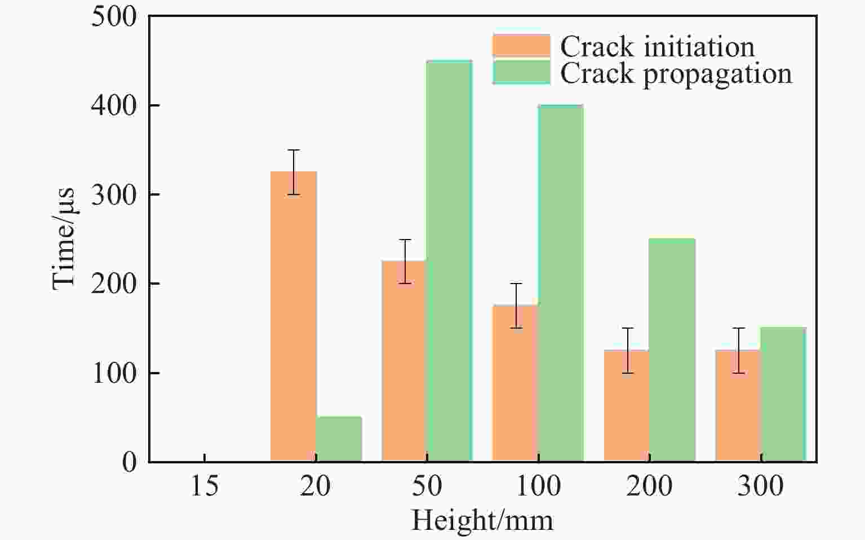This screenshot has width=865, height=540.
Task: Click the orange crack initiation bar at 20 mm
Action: [x=293, y=316]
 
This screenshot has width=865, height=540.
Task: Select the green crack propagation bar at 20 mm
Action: [x=339, y=439]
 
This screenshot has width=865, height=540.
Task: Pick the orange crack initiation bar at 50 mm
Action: [x=403, y=361]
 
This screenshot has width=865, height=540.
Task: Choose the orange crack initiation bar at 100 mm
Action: [x=514, y=383]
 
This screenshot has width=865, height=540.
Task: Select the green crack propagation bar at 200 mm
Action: [x=672, y=350]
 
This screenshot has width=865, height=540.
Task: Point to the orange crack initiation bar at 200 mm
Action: [x=626, y=406]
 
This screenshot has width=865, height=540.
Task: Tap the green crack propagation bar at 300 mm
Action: [x=783, y=395]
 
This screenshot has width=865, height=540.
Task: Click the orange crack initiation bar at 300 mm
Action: [x=738, y=406]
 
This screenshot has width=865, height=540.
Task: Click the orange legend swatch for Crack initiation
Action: [x=521, y=46]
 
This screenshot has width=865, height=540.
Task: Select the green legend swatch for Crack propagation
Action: [x=521, y=72]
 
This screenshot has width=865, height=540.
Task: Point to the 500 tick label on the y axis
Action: [x=114, y=17]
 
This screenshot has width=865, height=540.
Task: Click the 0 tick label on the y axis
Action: [x=129, y=462]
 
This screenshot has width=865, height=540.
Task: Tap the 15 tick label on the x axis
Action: [x=204, y=486]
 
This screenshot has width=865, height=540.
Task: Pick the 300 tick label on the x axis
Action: [x=760, y=486]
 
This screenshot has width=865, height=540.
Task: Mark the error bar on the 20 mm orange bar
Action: [x=294, y=172]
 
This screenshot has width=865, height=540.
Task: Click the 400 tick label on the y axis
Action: [x=114, y=106]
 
